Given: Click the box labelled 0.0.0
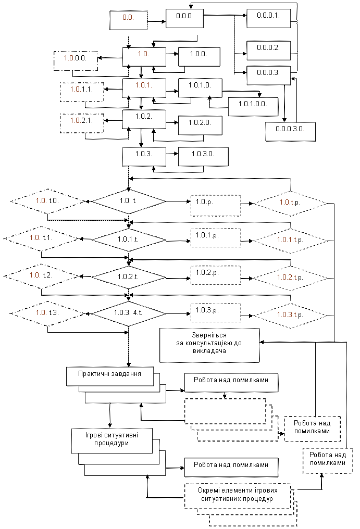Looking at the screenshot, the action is coord(184,18).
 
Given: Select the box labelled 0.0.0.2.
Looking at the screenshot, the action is coord(268,51).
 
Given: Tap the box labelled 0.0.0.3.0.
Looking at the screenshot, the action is coord(290,132).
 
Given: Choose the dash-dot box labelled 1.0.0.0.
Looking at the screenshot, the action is coord(76,61).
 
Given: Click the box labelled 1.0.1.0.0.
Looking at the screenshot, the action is coord(253,107).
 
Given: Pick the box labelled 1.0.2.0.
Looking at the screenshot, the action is coord(200,125).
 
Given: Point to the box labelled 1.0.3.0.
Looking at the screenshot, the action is coord(203,157).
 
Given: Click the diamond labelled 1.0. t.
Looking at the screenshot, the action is coord(129,201).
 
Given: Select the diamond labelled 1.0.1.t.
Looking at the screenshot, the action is coord(129,240).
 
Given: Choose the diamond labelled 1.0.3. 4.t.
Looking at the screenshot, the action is coord(129,314).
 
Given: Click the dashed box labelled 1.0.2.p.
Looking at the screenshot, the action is coord(216,275).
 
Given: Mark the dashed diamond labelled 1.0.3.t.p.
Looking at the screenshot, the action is coord(290,316).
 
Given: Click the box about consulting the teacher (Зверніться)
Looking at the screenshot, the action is coord(209,345).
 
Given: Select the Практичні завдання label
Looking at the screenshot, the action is coord(110,374).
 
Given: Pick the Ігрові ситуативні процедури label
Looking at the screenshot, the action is coord(112,439).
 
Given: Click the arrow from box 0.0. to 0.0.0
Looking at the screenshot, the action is coord(157,21).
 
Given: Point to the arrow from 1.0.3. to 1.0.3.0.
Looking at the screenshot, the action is coord(172,154).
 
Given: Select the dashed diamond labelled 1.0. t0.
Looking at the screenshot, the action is coord(47,201).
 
